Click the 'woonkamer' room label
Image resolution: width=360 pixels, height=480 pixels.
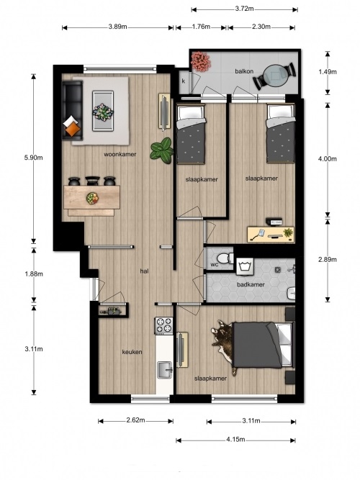pyautogui.click(x=120, y=154)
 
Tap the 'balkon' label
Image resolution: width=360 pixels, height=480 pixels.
pyautogui.click(x=244, y=71)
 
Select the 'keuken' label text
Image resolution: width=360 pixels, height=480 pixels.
pyautogui.click(x=132, y=352)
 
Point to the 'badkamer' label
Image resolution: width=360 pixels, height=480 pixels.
pyautogui.click(x=251, y=285)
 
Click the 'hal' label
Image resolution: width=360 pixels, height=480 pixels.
pyautogui.click(x=144, y=271)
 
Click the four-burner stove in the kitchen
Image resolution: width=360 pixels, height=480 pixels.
pyautogui.click(x=164, y=325)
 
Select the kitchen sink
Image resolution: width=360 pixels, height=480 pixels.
pyautogui.click(x=165, y=370)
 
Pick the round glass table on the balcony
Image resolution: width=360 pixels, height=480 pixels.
pyautogui.click(x=275, y=76)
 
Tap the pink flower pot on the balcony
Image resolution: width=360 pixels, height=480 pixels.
pyautogui.click(x=201, y=62)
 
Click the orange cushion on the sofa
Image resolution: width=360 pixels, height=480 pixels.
pyautogui.click(x=72, y=130)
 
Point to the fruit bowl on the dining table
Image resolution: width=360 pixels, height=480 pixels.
pyautogui.click(x=93, y=198)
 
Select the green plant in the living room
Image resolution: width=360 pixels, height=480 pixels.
pyautogui.click(x=163, y=150)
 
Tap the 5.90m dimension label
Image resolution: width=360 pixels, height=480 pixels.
pyautogui.click(x=33, y=158)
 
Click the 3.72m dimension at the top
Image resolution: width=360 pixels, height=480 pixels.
pyautogui.click(x=244, y=9)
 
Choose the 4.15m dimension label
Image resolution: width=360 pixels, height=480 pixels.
pyautogui.click(x=235, y=440)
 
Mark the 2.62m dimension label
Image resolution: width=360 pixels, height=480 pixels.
pyautogui.click(x=135, y=420)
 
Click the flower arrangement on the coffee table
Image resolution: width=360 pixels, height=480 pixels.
pyautogui.click(x=103, y=112)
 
